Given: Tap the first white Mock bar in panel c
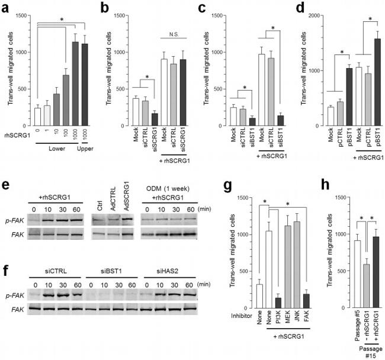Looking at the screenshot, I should tap(233, 117).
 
